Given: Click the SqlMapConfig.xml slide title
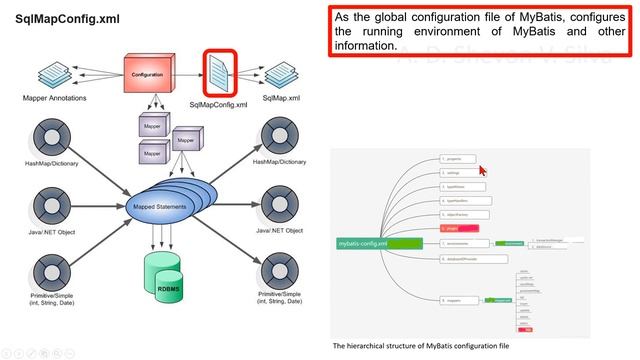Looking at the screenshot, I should point(67,20).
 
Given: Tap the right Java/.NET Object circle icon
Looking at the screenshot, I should point(279,207).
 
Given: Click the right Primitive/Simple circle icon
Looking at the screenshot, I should point(279,273).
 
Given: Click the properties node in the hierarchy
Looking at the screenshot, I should point(458,158).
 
